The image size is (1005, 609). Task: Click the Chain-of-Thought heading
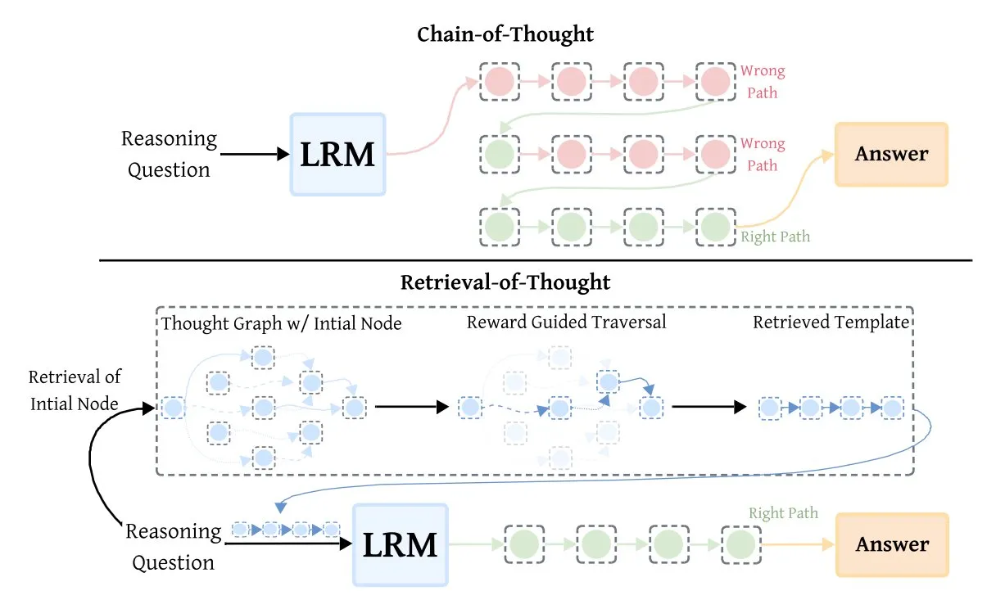click(505, 34)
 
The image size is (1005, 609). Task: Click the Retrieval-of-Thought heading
click(505, 282)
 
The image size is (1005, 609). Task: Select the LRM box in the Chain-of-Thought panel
click(337, 154)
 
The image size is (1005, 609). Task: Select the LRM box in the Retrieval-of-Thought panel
click(401, 544)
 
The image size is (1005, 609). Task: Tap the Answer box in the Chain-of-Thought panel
click(891, 154)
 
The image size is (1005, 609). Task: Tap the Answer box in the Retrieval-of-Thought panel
click(892, 544)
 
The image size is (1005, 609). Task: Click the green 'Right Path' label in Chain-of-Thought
click(775, 237)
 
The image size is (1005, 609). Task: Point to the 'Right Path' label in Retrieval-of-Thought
click(783, 514)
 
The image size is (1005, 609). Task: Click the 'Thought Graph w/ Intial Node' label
click(282, 323)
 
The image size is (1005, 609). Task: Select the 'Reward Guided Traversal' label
click(566, 322)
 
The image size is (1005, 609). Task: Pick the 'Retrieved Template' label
click(831, 322)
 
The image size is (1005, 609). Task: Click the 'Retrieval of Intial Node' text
click(75, 390)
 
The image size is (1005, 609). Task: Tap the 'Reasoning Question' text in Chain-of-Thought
click(169, 154)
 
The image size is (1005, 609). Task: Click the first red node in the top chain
click(499, 81)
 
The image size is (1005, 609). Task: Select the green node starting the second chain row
click(499, 153)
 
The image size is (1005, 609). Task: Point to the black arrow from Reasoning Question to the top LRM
click(254, 154)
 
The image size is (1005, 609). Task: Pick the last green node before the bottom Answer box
click(740, 544)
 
